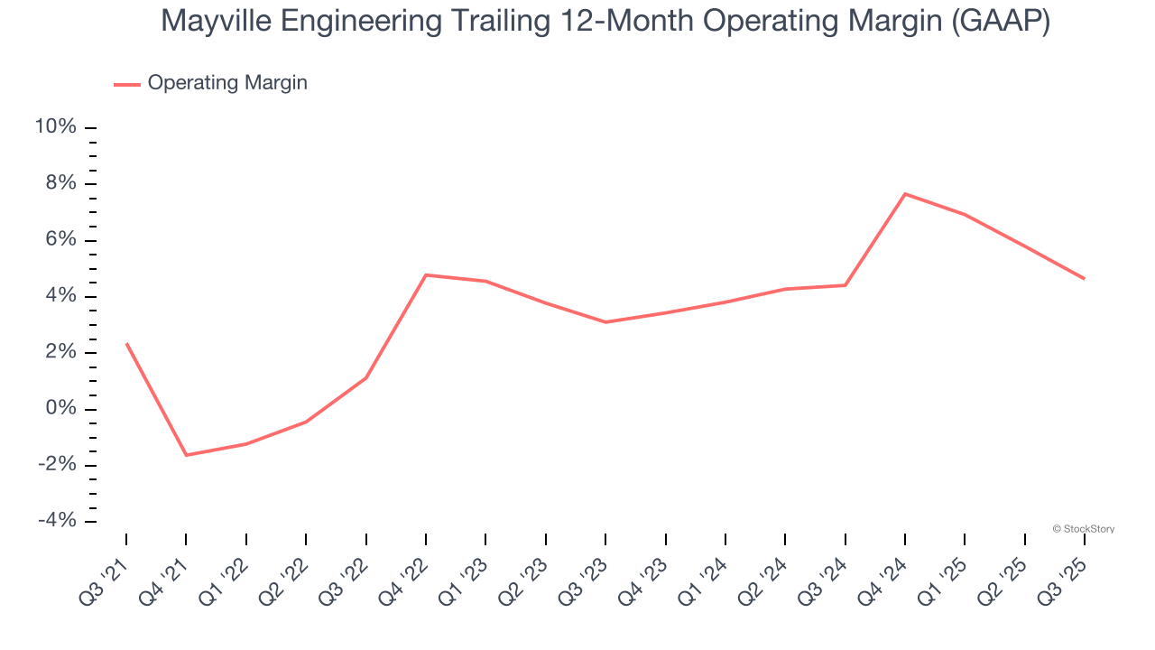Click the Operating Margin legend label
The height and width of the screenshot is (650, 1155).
tap(227, 83)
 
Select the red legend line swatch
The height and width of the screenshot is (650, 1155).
tap(126, 84)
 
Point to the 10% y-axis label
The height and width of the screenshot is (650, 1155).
tap(55, 127)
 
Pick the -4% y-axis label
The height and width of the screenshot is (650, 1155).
tap(56, 521)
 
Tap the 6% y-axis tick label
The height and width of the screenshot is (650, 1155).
tap(60, 240)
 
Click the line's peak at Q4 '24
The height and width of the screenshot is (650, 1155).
tap(905, 194)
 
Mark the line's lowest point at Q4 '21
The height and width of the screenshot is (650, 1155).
tap(186, 455)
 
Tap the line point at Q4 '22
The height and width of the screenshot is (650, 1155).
tap(426, 274)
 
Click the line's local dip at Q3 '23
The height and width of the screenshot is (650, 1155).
tap(605, 322)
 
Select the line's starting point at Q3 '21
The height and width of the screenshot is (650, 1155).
tap(126, 344)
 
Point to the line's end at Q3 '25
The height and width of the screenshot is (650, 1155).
tap(1084, 278)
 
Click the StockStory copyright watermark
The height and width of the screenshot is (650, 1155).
tap(1083, 529)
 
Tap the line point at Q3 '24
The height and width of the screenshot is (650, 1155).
tap(845, 285)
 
